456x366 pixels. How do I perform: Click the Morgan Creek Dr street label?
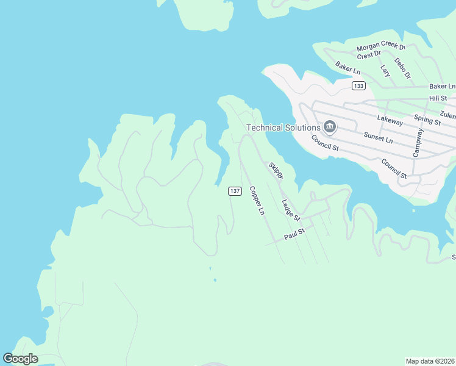(381, 46)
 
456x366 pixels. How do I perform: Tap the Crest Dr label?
(369, 55)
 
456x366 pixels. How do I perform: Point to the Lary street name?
(385, 71)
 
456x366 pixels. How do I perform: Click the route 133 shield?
(358, 86)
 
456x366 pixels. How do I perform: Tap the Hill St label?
(438, 98)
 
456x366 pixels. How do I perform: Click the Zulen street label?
(447, 115)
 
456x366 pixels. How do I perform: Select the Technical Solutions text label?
(283, 127)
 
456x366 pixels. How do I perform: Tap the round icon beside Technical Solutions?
(330, 127)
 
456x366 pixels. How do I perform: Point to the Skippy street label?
(276, 170)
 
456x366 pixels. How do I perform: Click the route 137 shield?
(235, 191)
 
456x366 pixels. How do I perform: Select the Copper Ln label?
(257, 200)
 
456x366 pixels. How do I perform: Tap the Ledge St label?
(291, 210)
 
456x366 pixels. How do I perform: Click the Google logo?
(20, 358)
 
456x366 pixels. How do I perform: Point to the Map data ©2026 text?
(430, 361)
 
